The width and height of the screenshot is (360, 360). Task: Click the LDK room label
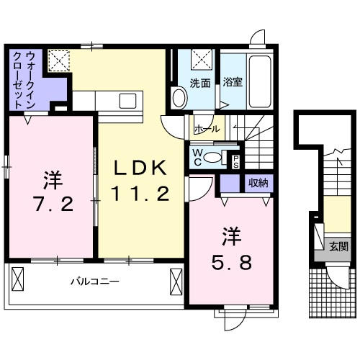(x=142, y=167)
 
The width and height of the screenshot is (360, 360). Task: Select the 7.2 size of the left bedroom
(x=51, y=204)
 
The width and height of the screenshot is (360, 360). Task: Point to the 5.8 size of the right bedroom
(x=230, y=262)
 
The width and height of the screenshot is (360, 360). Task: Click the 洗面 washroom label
(x=200, y=83)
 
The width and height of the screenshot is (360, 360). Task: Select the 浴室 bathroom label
(x=232, y=83)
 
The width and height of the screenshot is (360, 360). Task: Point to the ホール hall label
(x=207, y=130)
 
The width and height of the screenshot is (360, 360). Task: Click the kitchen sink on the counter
(x=128, y=99)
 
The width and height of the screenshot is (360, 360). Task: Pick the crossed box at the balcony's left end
(x=18, y=277)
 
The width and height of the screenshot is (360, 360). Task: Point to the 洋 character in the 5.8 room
(x=230, y=236)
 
